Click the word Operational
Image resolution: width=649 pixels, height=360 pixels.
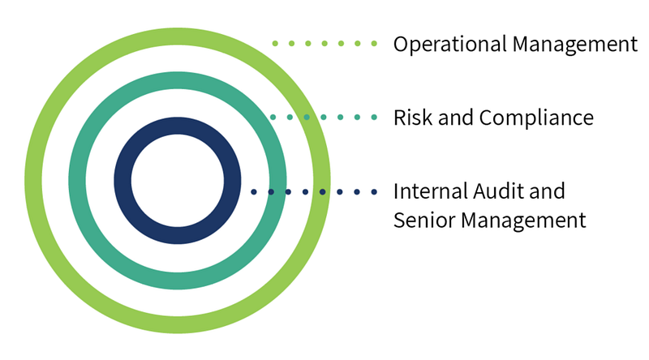pyautogui.click(x=450, y=45)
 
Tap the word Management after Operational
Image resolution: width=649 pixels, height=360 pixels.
pyautogui.click(x=575, y=45)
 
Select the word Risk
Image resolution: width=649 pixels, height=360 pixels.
pyautogui.click(x=412, y=118)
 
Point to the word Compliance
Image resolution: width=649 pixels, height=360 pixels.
pyautogui.click(x=536, y=118)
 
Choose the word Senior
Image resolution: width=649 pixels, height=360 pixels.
pyautogui.click(x=424, y=221)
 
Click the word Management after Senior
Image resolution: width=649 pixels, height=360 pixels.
pyautogui.click(x=523, y=221)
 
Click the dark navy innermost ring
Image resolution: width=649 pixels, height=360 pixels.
pyautogui.click(x=122, y=181)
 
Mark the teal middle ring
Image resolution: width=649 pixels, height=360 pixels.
pyautogui.click(x=77, y=181)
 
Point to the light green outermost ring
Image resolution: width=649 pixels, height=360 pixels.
pyautogui.click(x=33, y=181)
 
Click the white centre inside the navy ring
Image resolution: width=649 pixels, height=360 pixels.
pyautogui.click(x=178, y=181)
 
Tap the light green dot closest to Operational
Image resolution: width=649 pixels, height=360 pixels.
pyautogui.click(x=374, y=44)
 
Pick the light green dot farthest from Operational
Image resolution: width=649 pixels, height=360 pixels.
pyautogui.click(x=275, y=44)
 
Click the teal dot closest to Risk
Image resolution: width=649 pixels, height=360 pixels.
pyautogui.click(x=374, y=118)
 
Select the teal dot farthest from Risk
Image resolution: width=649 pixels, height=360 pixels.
pyautogui.click(x=273, y=118)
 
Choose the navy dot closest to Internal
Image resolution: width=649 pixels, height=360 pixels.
pyautogui.click(x=374, y=192)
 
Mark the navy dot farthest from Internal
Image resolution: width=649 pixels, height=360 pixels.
pyautogui.click(x=254, y=192)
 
